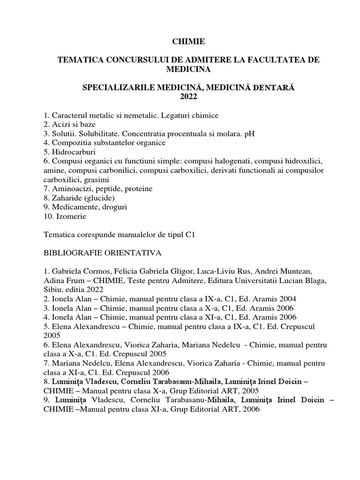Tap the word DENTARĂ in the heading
[275, 88]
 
